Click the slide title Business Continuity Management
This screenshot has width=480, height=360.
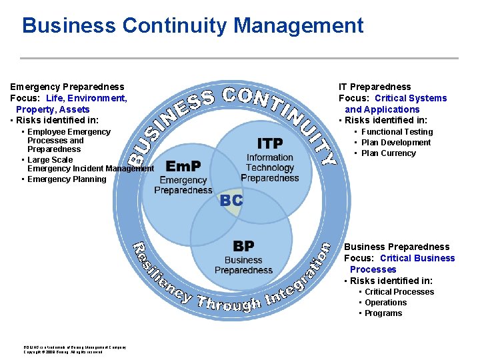point(193,26)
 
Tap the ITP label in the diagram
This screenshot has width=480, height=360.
point(270,143)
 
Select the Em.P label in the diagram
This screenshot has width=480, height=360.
point(183,166)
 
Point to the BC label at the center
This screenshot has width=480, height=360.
point(231,200)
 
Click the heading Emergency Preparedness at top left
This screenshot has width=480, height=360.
point(67,87)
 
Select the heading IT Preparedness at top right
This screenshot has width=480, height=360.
point(375,87)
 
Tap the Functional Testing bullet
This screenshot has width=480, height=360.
point(397,132)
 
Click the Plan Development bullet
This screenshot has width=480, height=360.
point(396,143)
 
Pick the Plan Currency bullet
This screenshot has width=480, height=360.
point(388,153)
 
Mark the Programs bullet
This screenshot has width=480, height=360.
point(383,313)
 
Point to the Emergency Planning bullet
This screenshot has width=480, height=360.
point(67,179)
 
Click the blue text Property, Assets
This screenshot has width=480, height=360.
point(53,109)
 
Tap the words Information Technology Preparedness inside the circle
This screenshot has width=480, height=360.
point(270,168)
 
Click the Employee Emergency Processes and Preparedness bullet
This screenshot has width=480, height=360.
point(60,141)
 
